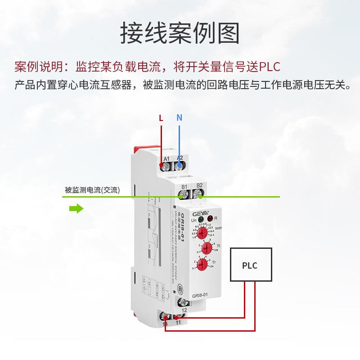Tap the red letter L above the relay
click(161, 118)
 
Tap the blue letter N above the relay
click(179, 118)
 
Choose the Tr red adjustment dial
click(202, 264)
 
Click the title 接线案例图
click(180, 32)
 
